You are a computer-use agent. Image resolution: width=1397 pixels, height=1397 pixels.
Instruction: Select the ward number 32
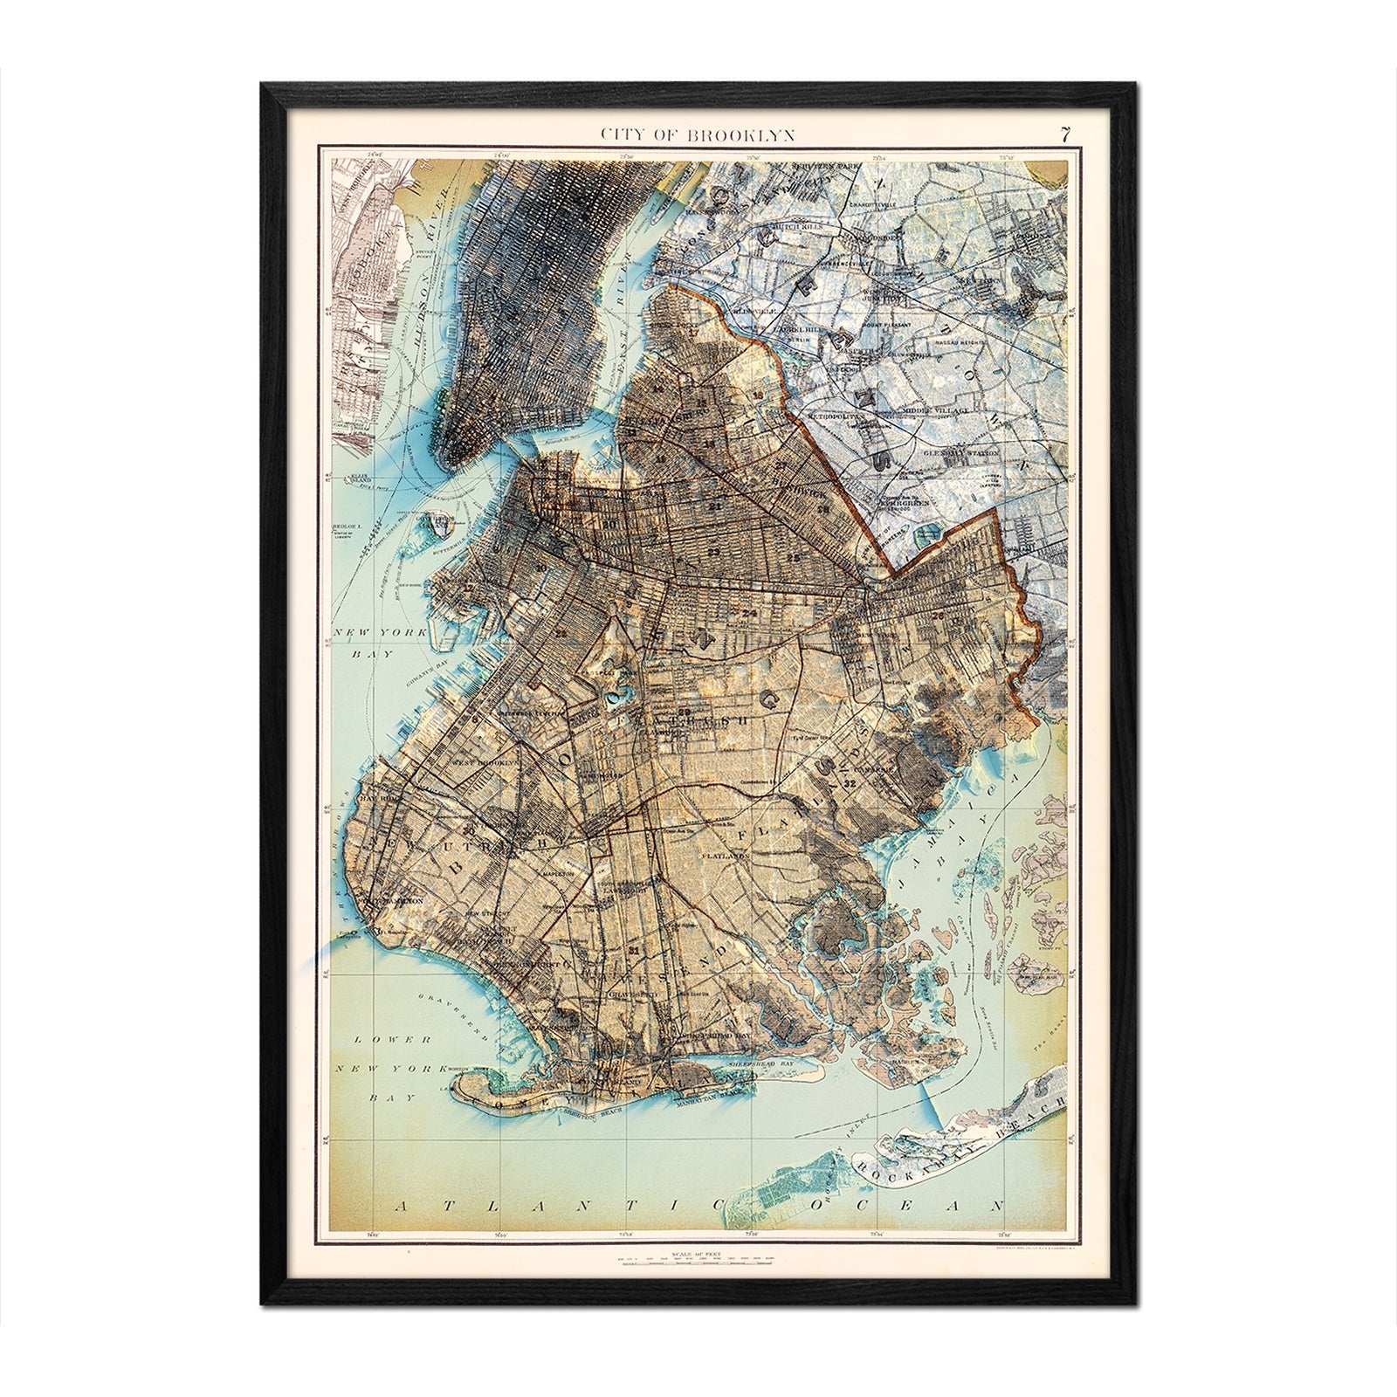point(850,783)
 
